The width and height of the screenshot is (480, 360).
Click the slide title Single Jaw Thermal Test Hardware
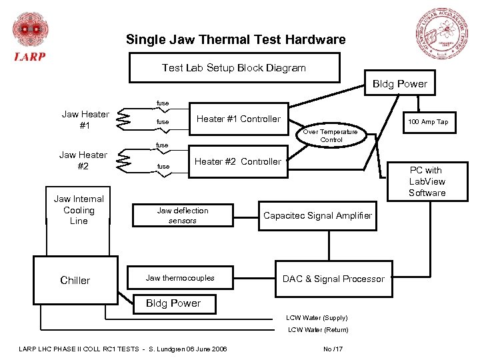click(236, 39)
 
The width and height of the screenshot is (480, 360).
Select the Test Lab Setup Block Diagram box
click(234, 68)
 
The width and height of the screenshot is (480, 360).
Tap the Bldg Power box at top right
click(399, 84)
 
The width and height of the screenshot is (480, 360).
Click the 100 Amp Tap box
click(428, 121)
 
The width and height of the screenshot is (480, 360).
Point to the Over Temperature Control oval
click(331, 135)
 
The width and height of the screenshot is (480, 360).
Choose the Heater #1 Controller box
click(239, 119)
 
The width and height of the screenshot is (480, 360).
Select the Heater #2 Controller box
click(238, 161)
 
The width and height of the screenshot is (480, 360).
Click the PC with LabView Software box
click(427, 181)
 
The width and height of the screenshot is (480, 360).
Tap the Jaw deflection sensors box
click(182, 215)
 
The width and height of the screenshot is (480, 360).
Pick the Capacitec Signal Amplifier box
click(317, 215)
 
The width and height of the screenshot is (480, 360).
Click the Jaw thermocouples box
click(180, 278)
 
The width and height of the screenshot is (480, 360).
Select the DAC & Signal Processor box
click(333, 279)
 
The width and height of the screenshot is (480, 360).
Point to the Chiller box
click(75, 280)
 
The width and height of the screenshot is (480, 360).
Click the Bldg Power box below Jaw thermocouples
click(173, 303)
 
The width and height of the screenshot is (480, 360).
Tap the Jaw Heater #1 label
click(85, 119)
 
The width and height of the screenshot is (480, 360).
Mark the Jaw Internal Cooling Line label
click(79, 210)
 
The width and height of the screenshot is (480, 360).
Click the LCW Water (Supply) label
click(317, 318)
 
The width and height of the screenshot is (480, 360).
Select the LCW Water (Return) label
click(317, 330)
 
